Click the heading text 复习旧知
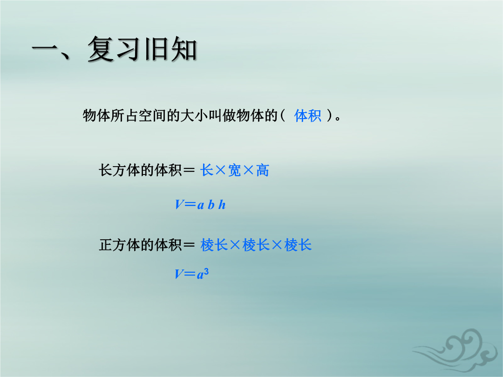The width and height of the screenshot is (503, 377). tap(142, 49)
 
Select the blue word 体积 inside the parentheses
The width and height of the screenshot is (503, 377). tap(308, 116)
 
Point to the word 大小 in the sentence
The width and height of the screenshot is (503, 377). tap(194, 116)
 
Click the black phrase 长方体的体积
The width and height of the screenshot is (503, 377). tap(140, 170)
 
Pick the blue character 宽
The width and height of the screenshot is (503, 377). tap(234, 170)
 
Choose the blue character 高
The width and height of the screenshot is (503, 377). tap(262, 170)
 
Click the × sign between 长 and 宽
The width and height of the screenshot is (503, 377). tap(220, 170)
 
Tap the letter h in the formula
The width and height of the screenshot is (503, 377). tap(222, 204)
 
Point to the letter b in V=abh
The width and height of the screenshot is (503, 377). tap(211, 204)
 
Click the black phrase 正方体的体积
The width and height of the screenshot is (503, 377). tap(140, 245)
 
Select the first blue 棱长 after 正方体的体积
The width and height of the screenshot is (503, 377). tap(214, 245)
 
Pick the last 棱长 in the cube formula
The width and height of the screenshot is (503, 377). tap(298, 245)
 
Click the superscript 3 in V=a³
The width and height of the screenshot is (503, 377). tap(206, 272)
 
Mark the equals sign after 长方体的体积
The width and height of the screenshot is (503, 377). tap(189, 170)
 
